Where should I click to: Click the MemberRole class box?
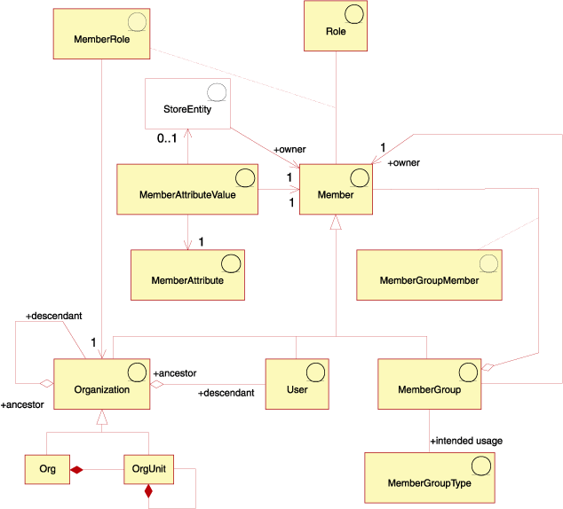[x=102, y=34]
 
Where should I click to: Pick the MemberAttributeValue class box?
[x=186, y=188]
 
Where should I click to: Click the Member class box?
[x=335, y=189]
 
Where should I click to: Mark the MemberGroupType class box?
[x=430, y=477]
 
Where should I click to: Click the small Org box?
[x=47, y=470]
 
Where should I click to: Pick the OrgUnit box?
[x=148, y=470]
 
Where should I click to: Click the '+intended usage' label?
[x=466, y=440]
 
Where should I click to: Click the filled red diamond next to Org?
[x=76, y=470]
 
